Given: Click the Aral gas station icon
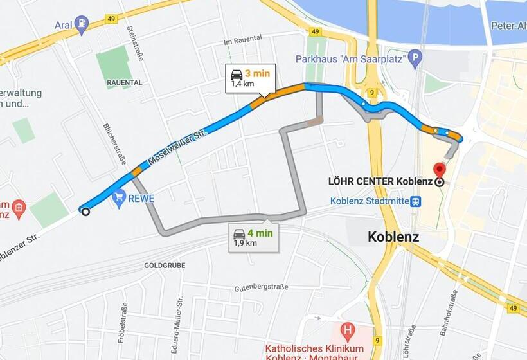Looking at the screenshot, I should [81, 26].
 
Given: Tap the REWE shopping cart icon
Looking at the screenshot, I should [118, 199].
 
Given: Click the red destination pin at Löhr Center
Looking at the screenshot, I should [440, 170].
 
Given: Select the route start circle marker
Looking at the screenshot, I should [84, 210].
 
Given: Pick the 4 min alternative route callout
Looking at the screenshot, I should [253, 237].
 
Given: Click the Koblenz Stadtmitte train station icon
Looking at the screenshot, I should [416, 201].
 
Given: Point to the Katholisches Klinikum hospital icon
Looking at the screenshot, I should [348, 332].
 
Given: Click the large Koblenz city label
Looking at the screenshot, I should [393, 237].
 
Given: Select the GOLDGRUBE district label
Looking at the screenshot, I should [165, 265].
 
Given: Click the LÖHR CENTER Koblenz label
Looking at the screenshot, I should [380, 182].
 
